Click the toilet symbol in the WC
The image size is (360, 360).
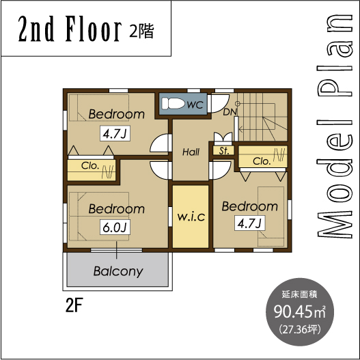point(173,104)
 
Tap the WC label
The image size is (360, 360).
point(195,105)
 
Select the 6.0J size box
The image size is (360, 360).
point(115,227)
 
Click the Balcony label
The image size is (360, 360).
point(118,272)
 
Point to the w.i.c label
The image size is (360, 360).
point(191,217)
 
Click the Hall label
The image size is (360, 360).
point(191,152)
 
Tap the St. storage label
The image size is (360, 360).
point(224,151)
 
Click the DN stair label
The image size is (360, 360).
point(230,112)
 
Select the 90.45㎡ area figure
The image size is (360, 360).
point(300,311)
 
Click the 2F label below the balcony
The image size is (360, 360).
point(74,305)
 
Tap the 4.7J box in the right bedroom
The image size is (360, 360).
point(249,223)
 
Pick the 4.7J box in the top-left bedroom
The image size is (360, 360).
point(115,133)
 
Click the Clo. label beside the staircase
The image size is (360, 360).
point(262,161)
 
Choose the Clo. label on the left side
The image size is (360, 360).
point(90,165)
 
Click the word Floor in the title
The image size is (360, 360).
point(94,29)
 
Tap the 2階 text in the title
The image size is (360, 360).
point(141,31)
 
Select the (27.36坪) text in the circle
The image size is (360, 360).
point(300,330)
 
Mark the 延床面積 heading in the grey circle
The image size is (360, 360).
point(299,295)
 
